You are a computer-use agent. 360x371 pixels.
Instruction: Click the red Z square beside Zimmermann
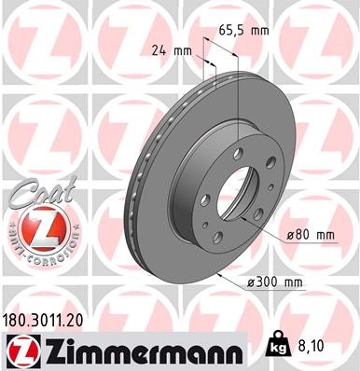tap(20, 350)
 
